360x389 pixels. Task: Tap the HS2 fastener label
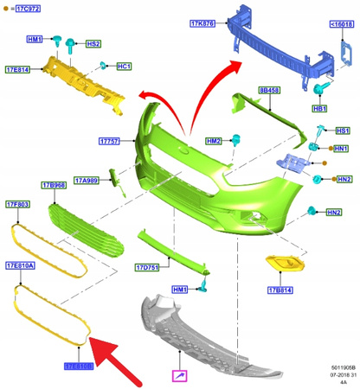[92, 42]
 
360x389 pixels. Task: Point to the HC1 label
[124, 67]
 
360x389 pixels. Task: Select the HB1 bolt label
[319, 109]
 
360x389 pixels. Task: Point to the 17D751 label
[148, 267]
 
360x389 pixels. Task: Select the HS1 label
[342, 131]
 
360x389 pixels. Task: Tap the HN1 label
[342, 149]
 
